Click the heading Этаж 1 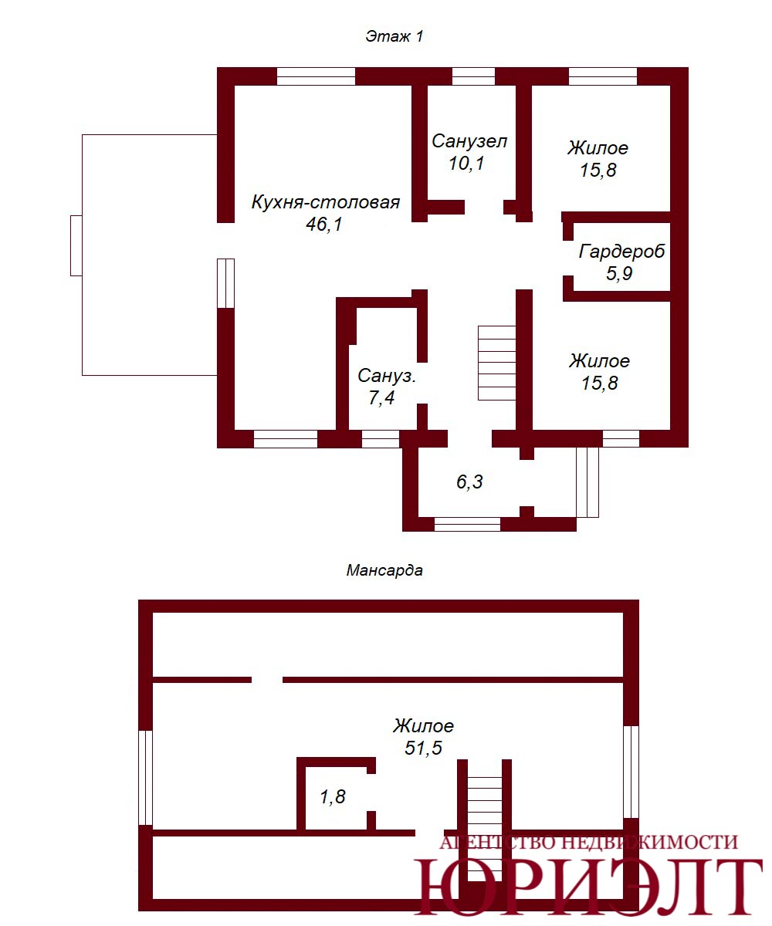pos(394,36)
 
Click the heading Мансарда pos(384,570)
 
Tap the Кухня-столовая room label pos(326,202)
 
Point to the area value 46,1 pos(324,224)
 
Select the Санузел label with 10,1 pos(469,141)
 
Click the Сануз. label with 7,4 pos(387,376)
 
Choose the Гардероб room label pos(621,252)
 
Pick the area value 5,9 pos(619,274)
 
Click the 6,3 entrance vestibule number pos(469,482)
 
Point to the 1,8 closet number pos(333,796)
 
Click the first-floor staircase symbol pos(497,363)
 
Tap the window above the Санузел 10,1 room pos(473,76)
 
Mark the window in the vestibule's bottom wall pos(467,524)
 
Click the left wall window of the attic pos(146,778)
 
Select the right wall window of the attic pos(631,772)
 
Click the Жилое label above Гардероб pos(598,148)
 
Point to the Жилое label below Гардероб pos(599,361)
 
